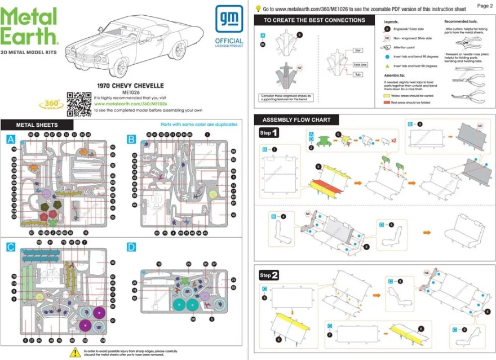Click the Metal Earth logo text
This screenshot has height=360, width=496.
29,26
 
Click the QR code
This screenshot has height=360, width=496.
78,104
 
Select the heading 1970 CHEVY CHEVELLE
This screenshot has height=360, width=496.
130,86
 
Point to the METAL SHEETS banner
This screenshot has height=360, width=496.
37,125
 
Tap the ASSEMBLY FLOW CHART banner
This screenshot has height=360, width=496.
296,119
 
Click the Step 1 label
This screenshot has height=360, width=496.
268,133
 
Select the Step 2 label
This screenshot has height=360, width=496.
268,275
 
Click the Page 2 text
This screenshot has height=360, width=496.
484,6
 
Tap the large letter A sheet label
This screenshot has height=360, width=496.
10,139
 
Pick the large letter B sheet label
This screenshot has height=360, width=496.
131,139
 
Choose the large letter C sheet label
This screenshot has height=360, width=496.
10,247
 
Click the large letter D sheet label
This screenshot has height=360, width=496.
131,247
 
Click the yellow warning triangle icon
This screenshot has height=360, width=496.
74,352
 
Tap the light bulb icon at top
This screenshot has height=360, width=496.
258,8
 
